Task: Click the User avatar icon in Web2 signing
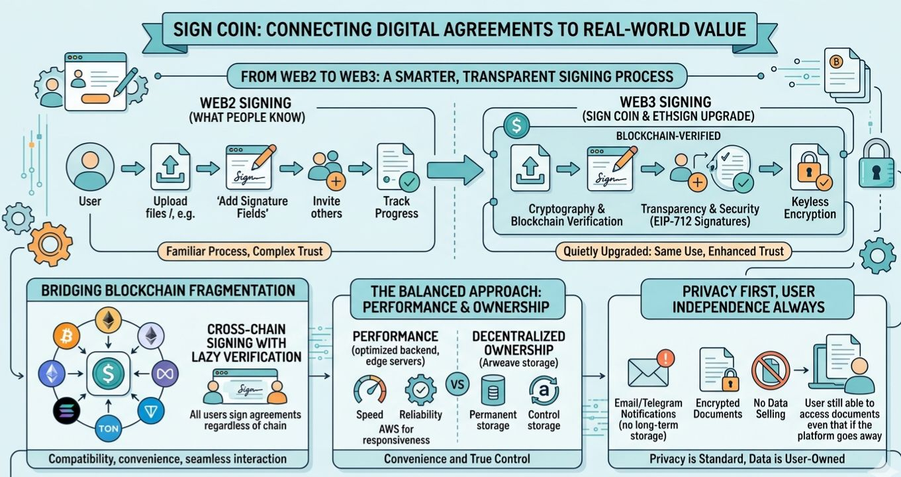pos(90,169)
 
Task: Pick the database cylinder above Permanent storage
pos(493,392)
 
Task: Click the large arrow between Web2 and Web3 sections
pos(455,170)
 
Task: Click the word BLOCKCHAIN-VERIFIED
pos(668,135)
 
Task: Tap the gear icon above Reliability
pos(420,390)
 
